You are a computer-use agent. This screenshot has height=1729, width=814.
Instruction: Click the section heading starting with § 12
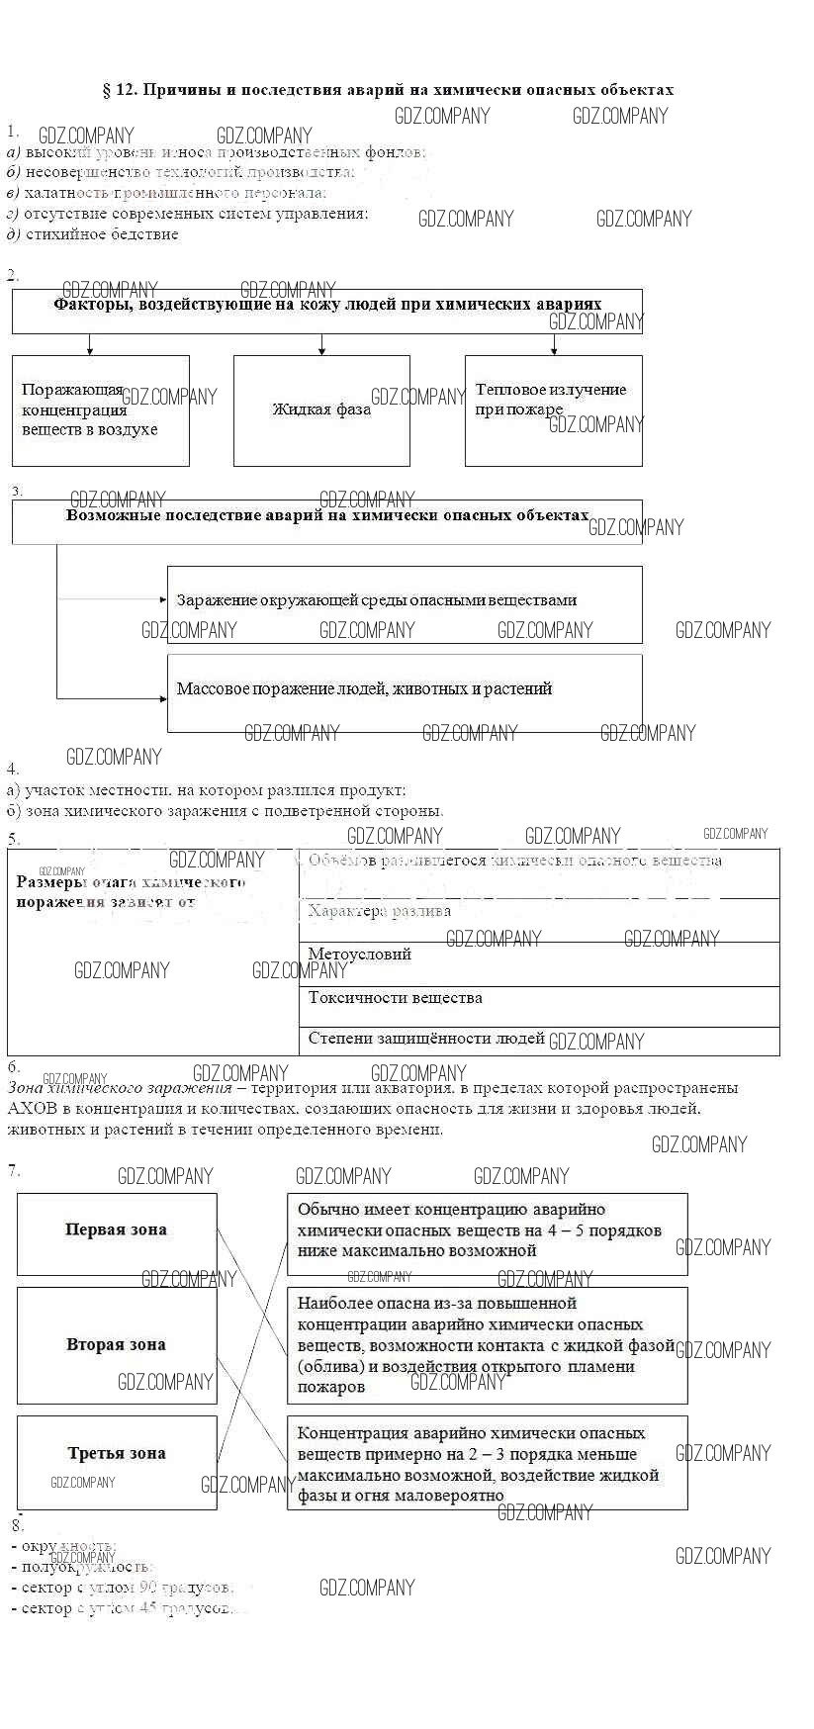click(388, 90)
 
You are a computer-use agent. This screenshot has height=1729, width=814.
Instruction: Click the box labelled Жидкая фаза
click(321, 410)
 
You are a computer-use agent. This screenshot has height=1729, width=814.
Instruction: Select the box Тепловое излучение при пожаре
click(553, 410)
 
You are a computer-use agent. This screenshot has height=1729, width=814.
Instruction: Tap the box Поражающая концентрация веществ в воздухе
click(100, 410)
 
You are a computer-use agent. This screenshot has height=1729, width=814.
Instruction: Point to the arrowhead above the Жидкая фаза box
click(321, 351)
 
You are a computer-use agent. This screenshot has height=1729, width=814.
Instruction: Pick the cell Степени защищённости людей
click(539, 1040)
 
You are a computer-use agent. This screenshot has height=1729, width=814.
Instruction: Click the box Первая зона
click(117, 1232)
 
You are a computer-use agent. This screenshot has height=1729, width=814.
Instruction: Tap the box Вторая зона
click(117, 1344)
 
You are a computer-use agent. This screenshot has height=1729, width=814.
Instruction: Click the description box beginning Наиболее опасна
click(488, 1344)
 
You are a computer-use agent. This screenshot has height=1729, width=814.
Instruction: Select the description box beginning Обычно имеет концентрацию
click(488, 1232)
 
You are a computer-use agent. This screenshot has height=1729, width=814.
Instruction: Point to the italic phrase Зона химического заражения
click(120, 1088)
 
